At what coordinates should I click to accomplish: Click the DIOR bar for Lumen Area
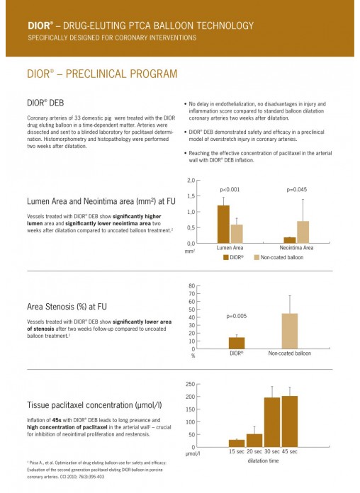click(223, 224)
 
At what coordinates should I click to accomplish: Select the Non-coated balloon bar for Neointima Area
click(303, 232)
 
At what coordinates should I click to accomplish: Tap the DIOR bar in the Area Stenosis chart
click(237, 343)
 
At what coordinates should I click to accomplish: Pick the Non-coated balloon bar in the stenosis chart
click(290, 331)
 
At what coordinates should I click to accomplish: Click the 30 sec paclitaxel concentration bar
click(272, 422)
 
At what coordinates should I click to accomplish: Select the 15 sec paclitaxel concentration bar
click(237, 443)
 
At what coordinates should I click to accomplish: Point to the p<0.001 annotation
click(230, 190)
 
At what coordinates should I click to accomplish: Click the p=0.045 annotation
click(297, 190)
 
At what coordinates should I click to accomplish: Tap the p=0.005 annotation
click(236, 316)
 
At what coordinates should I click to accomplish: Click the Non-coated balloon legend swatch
click(257, 257)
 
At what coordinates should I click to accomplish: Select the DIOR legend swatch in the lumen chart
click(225, 257)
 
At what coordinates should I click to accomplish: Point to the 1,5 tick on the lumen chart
click(191, 196)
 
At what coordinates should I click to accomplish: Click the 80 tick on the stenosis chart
click(191, 285)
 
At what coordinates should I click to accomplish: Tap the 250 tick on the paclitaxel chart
click(191, 384)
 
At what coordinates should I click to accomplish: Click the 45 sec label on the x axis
click(290, 451)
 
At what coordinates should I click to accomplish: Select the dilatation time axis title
click(263, 460)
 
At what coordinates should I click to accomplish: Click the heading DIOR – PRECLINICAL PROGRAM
click(102, 74)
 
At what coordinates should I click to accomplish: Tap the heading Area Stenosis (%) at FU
click(67, 307)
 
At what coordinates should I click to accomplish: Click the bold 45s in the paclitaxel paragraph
click(57, 420)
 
